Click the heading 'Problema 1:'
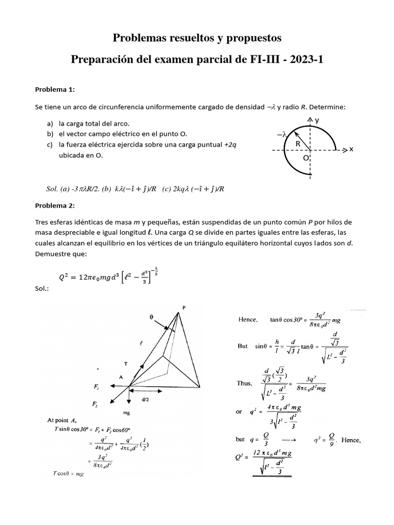click(55, 90)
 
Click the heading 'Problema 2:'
click(55, 206)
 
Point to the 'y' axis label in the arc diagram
click(317, 119)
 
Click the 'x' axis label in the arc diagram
click(351, 150)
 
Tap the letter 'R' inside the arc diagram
click(298, 145)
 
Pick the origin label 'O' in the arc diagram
click(306, 159)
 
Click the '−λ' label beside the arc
click(282, 134)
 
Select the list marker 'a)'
click(50, 124)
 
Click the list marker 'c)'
click(50, 144)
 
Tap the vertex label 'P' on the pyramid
click(183, 308)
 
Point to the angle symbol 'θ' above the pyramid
click(151, 317)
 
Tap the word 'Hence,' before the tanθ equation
click(248, 319)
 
